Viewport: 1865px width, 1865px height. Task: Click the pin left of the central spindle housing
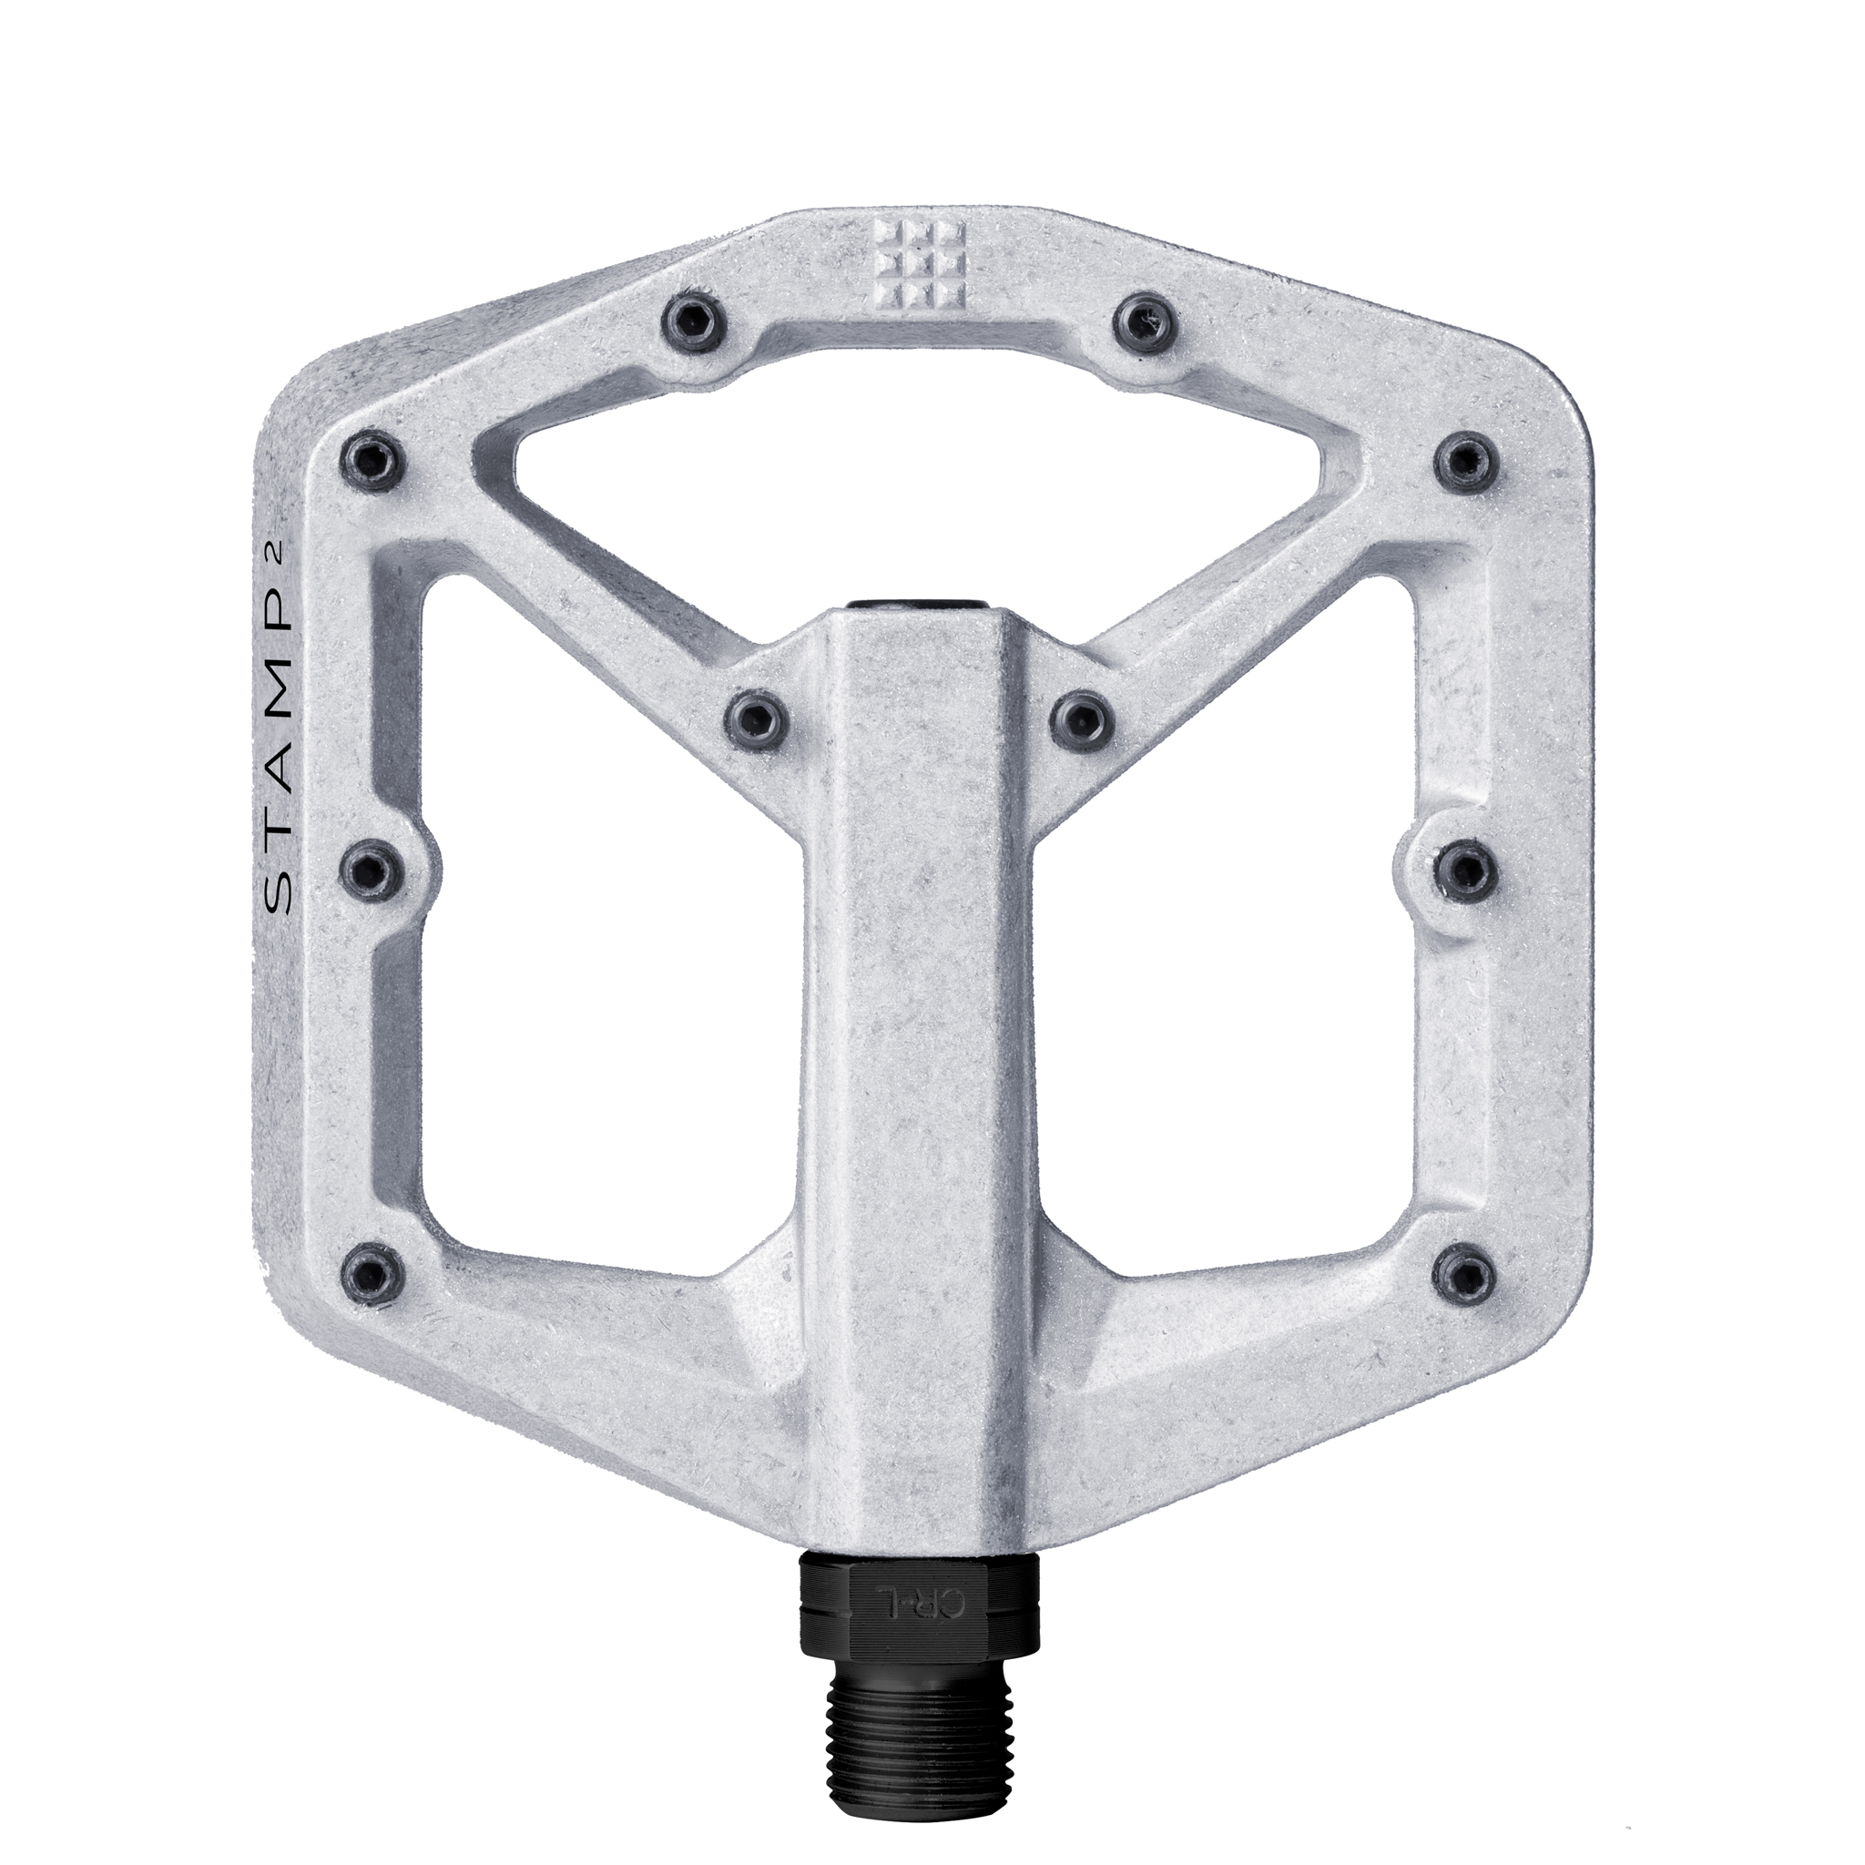(759, 718)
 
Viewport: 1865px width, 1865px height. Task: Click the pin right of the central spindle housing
(1083, 718)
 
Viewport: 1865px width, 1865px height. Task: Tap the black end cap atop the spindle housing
(918, 606)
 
